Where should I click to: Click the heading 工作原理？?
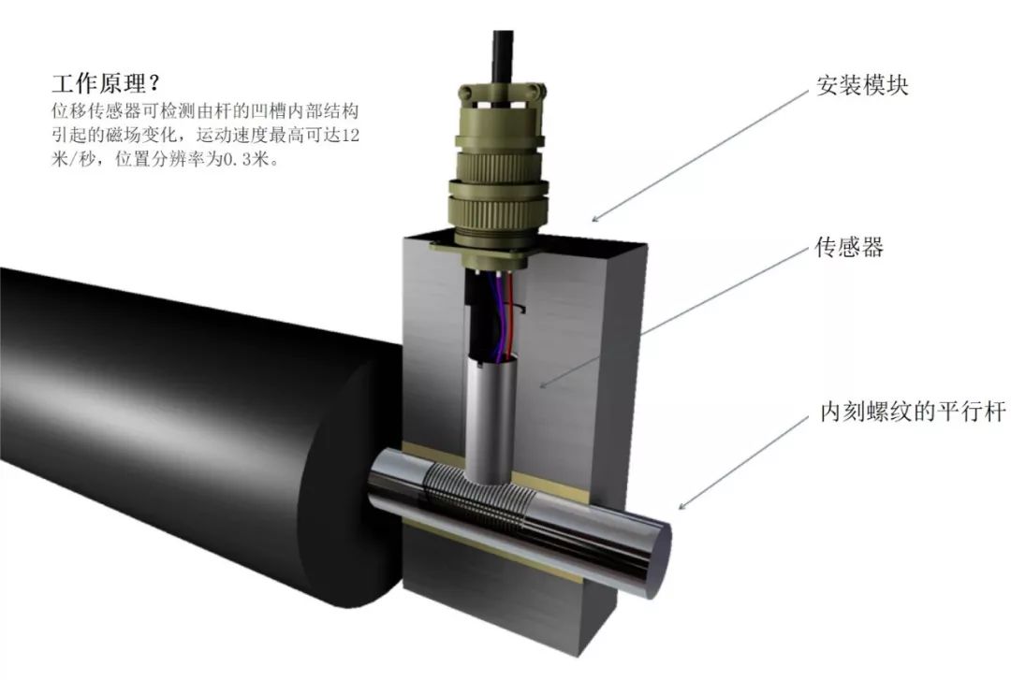[106, 83]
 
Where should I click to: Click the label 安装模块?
[862, 85]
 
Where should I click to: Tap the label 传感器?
[849, 246]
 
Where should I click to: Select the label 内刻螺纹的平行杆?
[913, 412]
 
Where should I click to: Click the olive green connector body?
[498, 167]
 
